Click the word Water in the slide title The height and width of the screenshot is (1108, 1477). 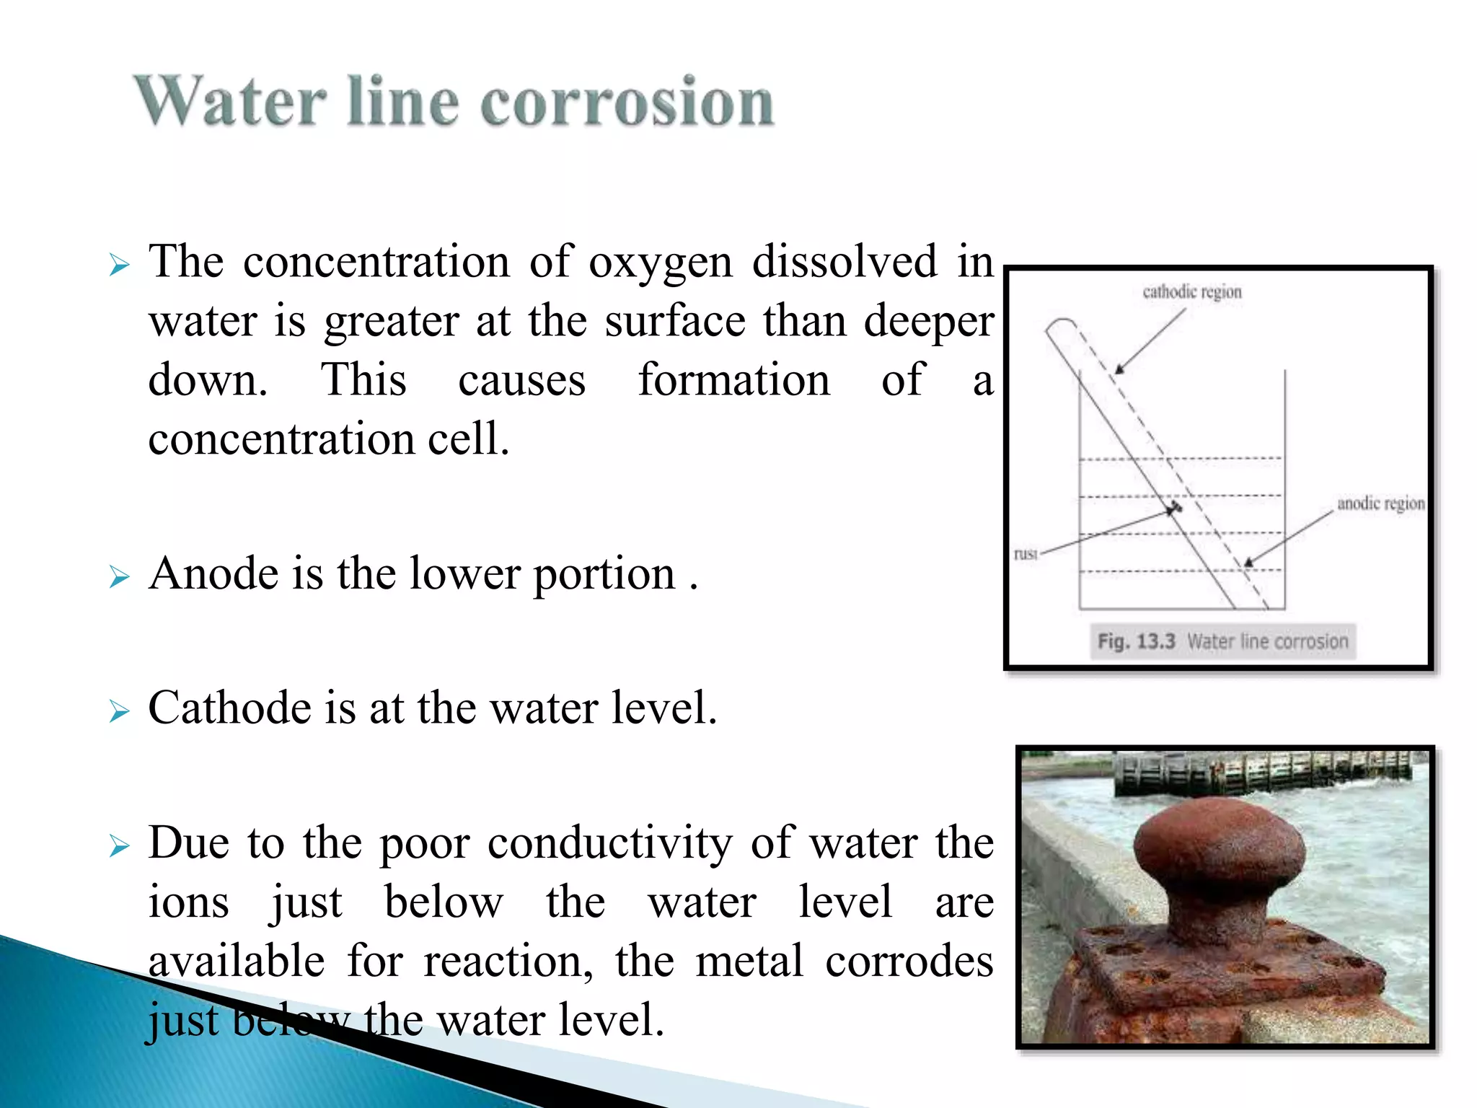pos(229,102)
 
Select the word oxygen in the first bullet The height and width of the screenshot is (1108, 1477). pos(661,263)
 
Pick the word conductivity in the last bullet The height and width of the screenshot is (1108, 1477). pos(609,843)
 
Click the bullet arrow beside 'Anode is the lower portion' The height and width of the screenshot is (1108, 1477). pos(119,577)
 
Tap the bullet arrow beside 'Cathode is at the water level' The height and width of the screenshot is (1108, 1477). pos(119,711)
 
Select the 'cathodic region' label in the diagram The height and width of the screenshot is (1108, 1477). pos(1191,292)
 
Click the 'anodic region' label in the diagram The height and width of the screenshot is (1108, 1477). pos(1380,504)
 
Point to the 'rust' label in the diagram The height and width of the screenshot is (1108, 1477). pos(1025,554)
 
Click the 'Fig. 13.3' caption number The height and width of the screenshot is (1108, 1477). pos(1136,641)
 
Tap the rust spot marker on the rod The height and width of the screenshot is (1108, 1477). pos(1175,508)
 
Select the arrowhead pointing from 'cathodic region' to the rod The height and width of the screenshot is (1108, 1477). pos(1119,369)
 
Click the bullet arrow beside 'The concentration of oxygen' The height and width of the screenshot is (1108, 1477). pos(119,265)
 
